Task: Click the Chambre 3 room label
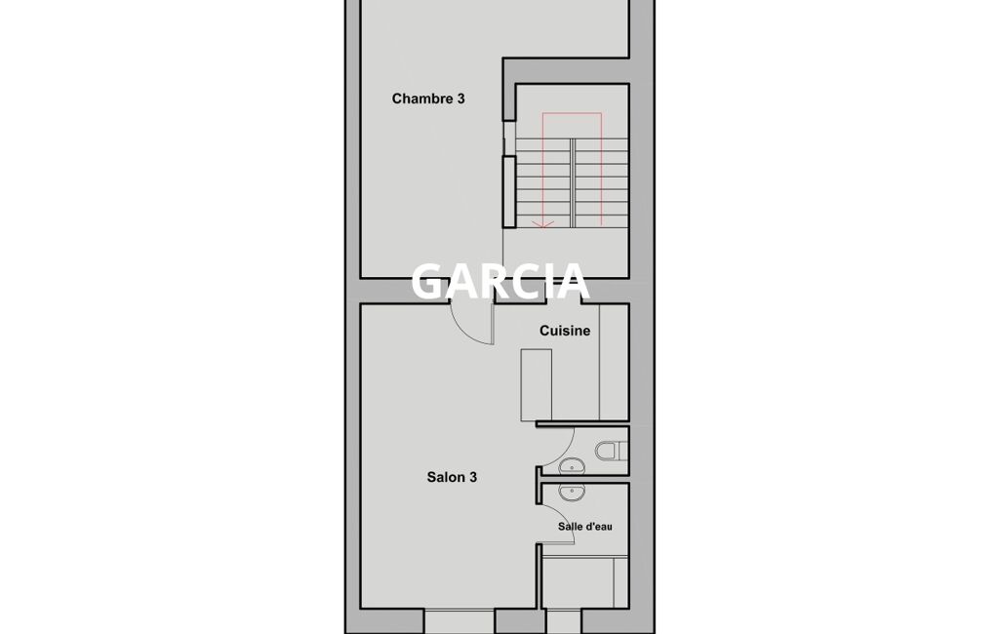[x=428, y=99]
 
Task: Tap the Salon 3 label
[x=452, y=477]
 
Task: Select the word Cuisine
[x=565, y=331]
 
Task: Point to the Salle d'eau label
[x=584, y=527]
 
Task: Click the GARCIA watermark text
[x=499, y=281]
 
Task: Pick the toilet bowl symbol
[x=611, y=451]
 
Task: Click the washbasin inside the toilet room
[x=572, y=467]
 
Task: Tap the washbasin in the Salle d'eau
[x=572, y=493]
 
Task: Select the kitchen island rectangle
[x=537, y=385]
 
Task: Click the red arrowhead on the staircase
[x=542, y=223]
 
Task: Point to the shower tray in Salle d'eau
[x=578, y=582]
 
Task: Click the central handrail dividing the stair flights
[x=573, y=183]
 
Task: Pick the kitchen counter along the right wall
[x=614, y=362]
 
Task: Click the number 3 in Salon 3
[x=473, y=477]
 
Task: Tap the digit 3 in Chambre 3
[x=461, y=99]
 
